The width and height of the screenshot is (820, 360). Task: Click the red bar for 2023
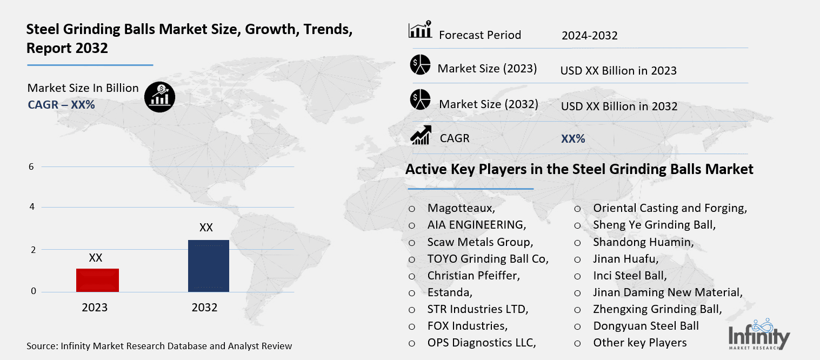click(97, 280)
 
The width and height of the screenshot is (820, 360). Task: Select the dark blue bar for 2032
click(208, 266)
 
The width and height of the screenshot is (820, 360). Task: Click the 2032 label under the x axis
click(204, 308)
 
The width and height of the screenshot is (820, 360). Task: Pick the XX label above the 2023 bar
click(96, 258)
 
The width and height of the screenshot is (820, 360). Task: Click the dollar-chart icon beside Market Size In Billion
click(159, 97)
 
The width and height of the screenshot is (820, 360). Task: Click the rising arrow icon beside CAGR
click(421, 136)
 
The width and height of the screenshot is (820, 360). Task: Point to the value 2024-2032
click(589, 36)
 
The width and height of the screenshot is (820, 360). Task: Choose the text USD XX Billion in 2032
click(619, 106)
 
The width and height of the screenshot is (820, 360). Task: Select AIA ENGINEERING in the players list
click(476, 225)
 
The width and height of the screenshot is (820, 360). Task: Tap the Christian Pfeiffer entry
click(474, 276)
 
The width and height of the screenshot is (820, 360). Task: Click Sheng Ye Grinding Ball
click(654, 225)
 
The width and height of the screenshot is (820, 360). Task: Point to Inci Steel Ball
click(630, 276)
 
